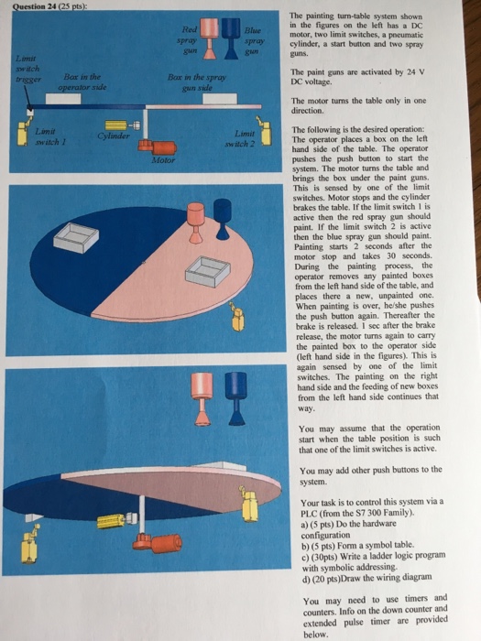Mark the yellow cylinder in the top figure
coord(117,125)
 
